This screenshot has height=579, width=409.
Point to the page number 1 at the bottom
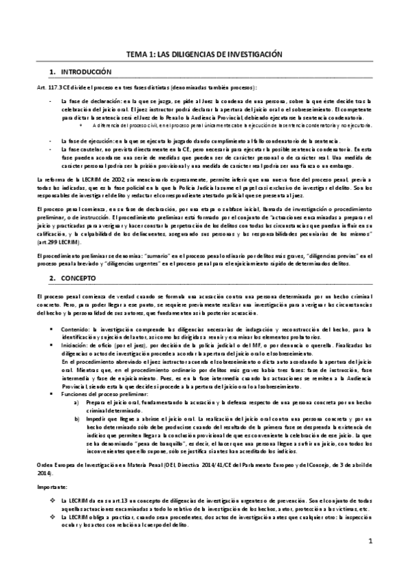tap(369, 542)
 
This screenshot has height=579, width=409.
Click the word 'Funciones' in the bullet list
tap(76, 395)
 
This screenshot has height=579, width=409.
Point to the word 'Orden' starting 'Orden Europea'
tap(44, 464)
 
